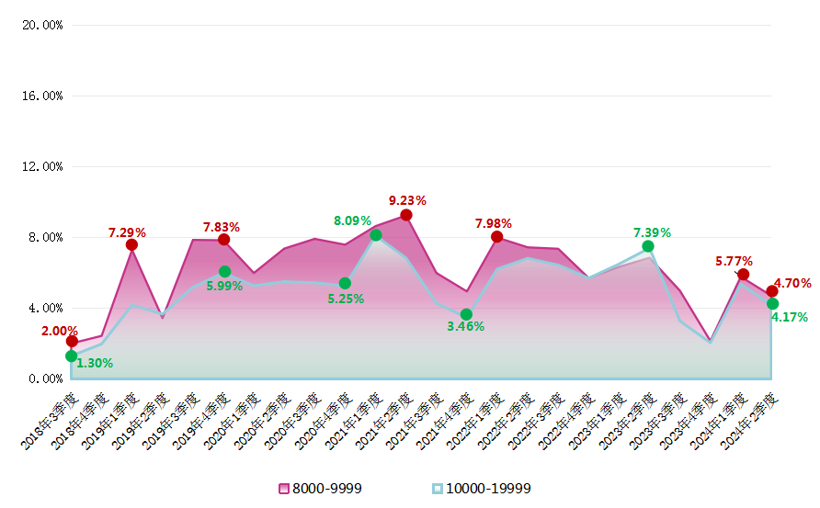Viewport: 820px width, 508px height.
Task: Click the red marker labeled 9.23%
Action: tap(406, 215)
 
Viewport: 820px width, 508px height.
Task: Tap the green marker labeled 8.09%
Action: tap(376, 235)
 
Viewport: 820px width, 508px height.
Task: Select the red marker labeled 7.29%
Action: tap(132, 244)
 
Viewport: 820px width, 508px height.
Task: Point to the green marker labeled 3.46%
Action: tap(466, 314)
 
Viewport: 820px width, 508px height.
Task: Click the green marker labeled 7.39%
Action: tap(648, 246)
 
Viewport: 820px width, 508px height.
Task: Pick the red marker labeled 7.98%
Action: tap(497, 237)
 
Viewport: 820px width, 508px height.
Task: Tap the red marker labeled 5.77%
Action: tap(743, 275)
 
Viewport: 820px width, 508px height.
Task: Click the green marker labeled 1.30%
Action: tap(72, 356)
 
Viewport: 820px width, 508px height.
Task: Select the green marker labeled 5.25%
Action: tap(345, 284)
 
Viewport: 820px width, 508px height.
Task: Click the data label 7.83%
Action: tap(221, 227)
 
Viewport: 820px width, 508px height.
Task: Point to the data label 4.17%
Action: tap(790, 317)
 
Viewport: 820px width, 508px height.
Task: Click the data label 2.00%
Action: tap(60, 331)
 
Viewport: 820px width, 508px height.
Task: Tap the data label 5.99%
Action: tap(224, 286)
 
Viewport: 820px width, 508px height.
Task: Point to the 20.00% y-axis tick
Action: tap(42, 25)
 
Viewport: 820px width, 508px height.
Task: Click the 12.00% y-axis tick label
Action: tap(42, 166)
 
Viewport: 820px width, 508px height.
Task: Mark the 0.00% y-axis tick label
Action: tap(45, 378)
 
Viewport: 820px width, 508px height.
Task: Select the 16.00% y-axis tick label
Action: tap(42, 96)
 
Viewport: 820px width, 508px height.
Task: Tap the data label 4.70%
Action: tap(792, 283)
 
